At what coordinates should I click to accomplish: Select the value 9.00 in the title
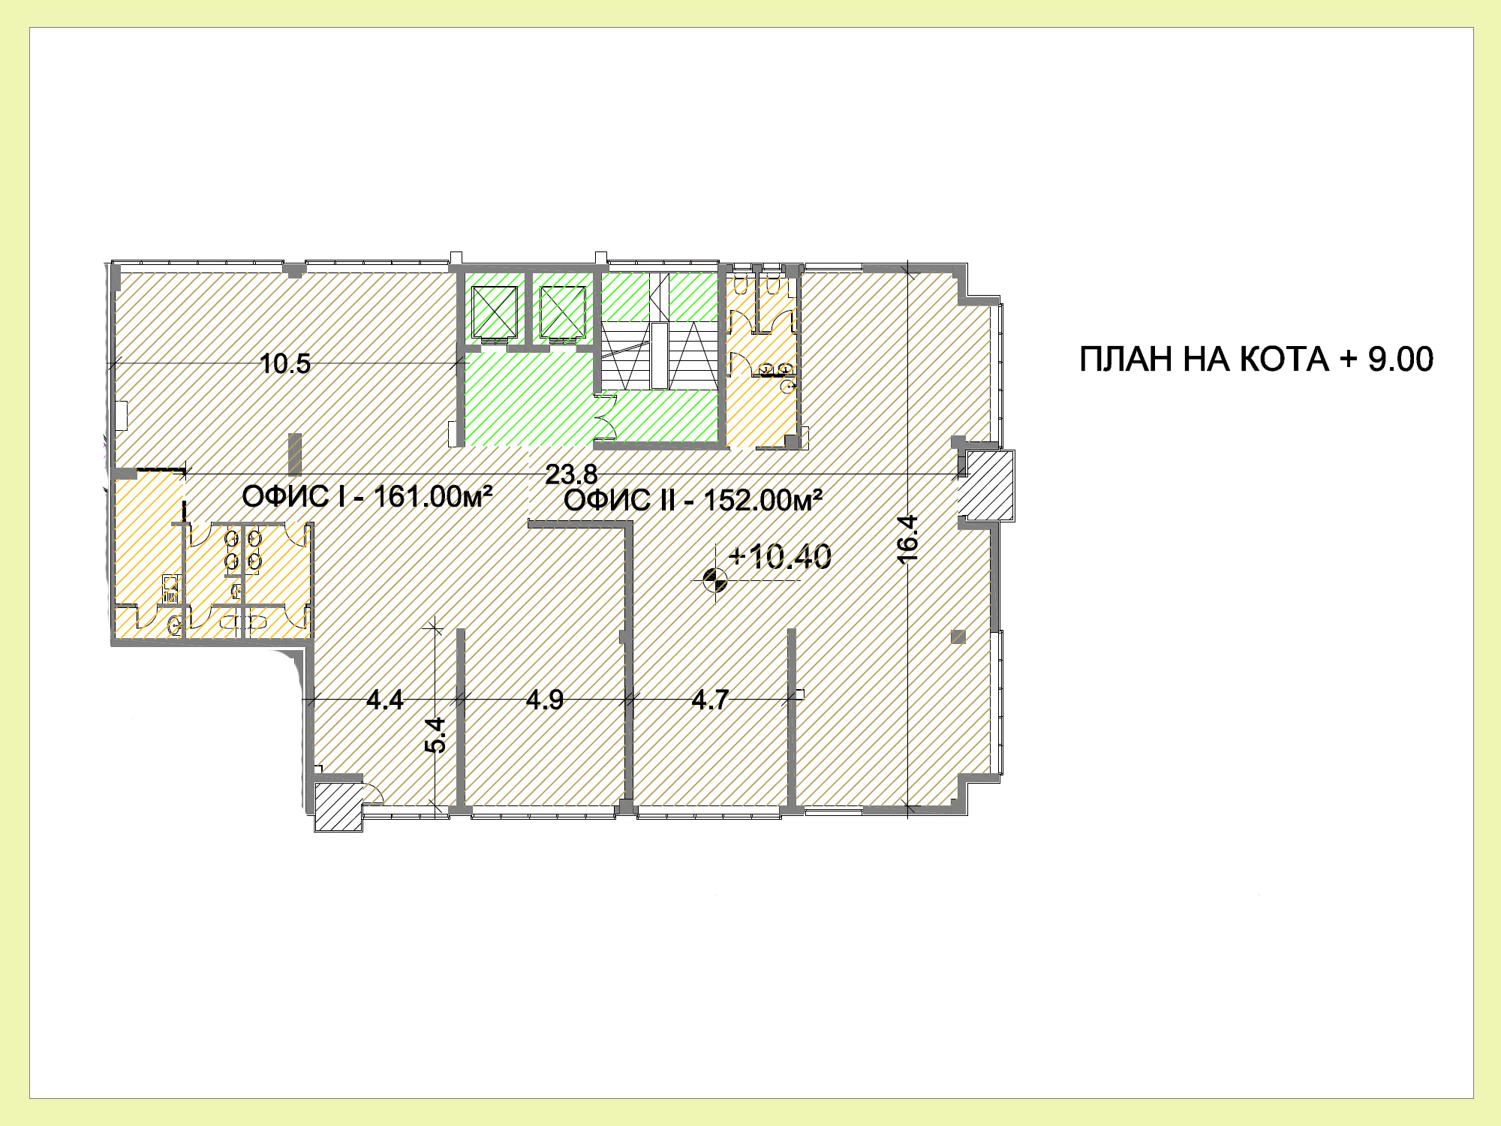1400,360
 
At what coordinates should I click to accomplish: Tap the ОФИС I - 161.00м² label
367,496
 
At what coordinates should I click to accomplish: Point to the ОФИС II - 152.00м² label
693,500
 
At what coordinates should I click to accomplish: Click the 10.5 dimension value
284,364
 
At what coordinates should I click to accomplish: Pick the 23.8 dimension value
571,474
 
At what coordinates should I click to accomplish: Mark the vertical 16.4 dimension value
908,539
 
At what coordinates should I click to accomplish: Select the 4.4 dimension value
384,700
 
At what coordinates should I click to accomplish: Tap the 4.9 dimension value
545,700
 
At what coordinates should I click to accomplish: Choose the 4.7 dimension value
710,700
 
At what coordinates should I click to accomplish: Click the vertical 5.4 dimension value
435,735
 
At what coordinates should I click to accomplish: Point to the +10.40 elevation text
780,557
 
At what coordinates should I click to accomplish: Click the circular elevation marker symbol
714,580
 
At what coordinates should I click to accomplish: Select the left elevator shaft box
495,312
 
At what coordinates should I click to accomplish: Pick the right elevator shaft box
562,312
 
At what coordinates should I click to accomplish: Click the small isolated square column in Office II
958,637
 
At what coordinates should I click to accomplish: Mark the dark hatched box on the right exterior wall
990,485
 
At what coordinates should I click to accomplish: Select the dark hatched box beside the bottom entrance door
338,807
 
